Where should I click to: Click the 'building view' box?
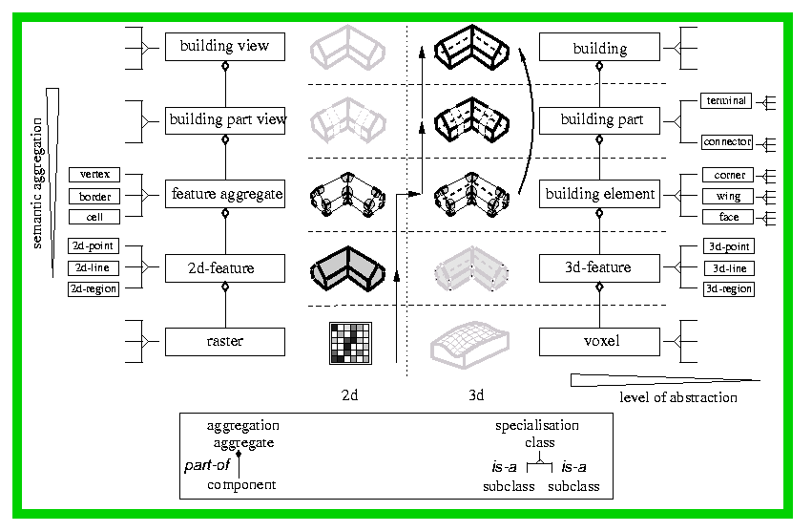coord(225,47)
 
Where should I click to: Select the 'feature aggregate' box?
coord(225,194)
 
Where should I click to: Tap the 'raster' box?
coord(225,342)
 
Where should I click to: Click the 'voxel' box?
coord(599,342)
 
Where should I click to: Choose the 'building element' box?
coord(599,194)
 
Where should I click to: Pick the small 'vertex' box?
coord(94,175)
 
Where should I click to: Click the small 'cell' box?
coord(94,217)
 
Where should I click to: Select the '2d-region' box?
coord(94,288)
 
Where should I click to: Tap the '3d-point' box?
coord(729,246)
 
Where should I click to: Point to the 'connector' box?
coord(727,142)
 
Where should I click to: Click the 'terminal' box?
coord(726,100)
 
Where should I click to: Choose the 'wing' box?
coord(728,197)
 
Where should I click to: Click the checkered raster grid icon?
coord(350,343)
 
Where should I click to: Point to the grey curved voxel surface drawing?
coord(469,344)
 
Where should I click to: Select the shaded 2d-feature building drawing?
coord(348,269)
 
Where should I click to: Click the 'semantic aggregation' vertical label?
coord(37,183)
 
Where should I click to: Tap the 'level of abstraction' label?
coord(678,397)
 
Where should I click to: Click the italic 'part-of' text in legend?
coord(207,465)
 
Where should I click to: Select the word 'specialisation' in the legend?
coord(537,426)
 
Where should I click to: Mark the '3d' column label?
coord(476,395)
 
